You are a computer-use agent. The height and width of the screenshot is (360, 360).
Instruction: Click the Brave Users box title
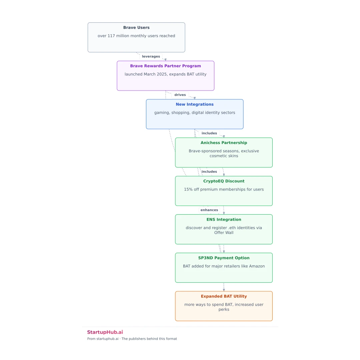[x=136, y=28]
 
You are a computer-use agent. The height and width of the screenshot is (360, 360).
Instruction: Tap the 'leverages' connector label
[x=151, y=56]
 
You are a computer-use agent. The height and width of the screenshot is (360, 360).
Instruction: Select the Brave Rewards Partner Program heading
[x=165, y=66]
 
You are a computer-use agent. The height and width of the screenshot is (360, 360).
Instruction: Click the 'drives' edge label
[x=180, y=95]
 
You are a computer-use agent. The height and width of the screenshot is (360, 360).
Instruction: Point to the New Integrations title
[x=194, y=104]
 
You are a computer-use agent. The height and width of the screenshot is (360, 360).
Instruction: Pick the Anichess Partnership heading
[x=224, y=143]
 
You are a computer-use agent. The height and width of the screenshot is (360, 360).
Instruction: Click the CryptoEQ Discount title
[x=224, y=181]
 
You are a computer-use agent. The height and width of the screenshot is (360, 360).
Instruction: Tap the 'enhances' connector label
[x=209, y=210]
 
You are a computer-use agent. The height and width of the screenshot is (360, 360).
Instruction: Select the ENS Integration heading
[x=224, y=219]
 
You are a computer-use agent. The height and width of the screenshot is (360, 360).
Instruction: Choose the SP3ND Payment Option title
[x=224, y=258]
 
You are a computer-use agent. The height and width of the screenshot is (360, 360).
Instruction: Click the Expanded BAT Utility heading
[x=224, y=296]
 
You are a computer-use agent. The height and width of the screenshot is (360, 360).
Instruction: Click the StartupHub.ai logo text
[x=105, y=332]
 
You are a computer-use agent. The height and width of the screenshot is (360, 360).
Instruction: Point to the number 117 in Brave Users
[x=111, y=36]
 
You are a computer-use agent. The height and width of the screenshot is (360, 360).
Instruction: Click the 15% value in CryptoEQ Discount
[x=188, y=189]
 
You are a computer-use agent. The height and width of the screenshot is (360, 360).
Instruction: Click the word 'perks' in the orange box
[x=224, y=309]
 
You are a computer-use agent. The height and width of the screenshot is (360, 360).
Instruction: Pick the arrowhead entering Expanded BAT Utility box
[x=224, y=290]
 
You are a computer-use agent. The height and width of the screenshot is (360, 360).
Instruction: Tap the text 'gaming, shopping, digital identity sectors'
[x=194, y=113]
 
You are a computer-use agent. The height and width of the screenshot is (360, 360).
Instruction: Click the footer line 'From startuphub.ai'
[x=103, y=339]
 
